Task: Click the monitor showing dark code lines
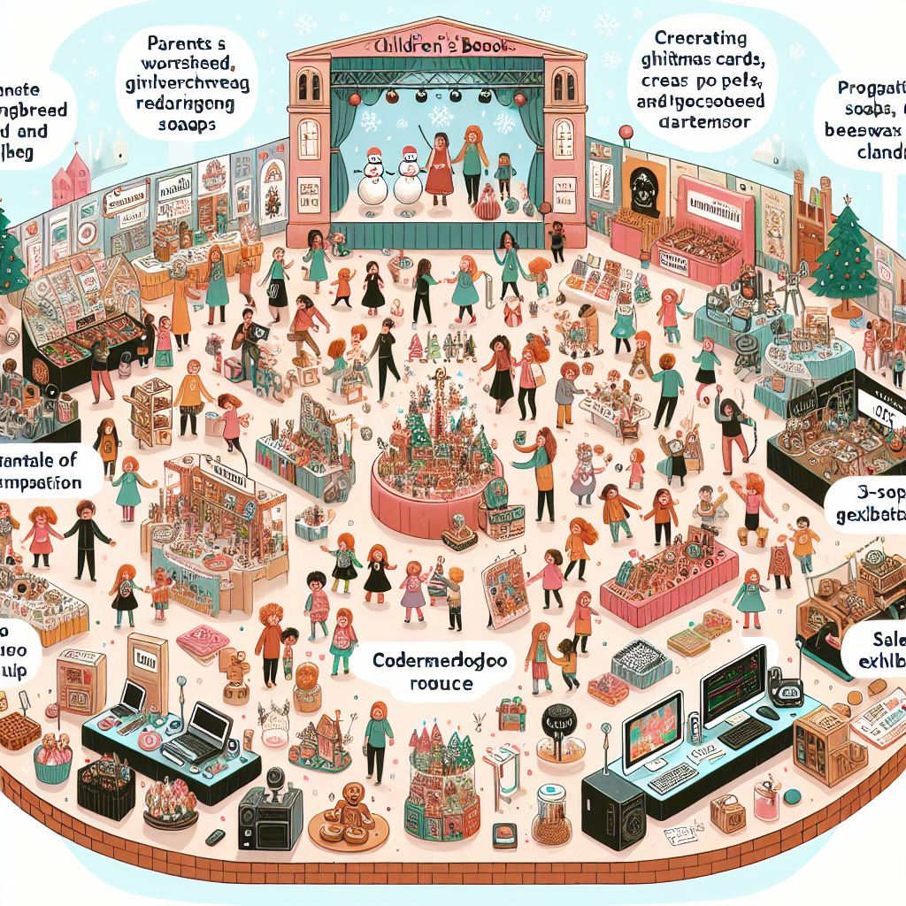[732, 687]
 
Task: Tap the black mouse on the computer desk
[767, 713]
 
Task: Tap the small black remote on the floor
[213, 836]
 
